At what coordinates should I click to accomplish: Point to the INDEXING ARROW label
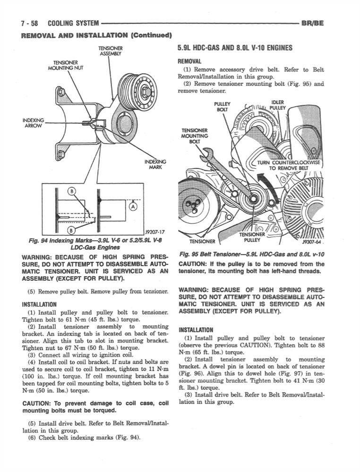coord(33,123)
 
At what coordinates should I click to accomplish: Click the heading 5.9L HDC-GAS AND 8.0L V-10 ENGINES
coord(235,48)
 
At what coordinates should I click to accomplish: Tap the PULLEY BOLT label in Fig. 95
coord(222,107)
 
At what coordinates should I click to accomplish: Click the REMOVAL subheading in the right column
coord(189,61)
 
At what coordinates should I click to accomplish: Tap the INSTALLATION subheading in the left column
coord(39,304)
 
